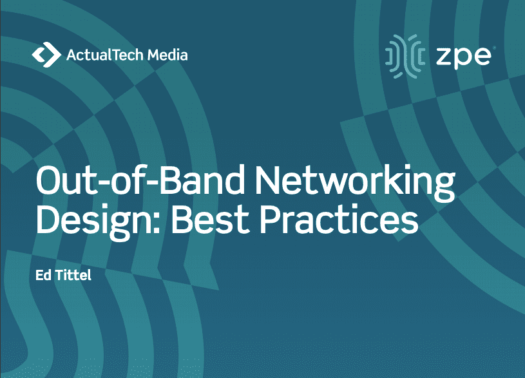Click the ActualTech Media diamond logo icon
[46, 55]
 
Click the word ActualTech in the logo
[105, 55]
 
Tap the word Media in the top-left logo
[167, 55]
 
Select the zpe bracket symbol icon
[405, 56]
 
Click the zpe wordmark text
[464, 57]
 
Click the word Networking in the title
[355, 184]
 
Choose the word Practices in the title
[339, 219]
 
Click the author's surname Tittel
[73, 275]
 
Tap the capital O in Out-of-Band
[50, 180]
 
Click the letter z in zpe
[444, 57]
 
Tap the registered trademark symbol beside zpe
[494, 48]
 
